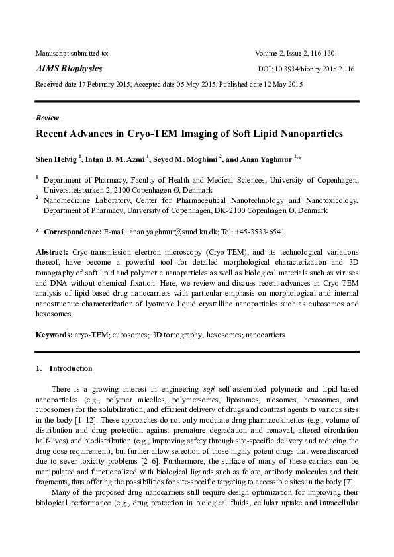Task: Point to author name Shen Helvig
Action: tap(56, 159)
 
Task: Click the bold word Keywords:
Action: tap(54, 335)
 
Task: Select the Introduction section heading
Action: tap(71, 368)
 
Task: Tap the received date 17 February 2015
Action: tap(101, 84)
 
